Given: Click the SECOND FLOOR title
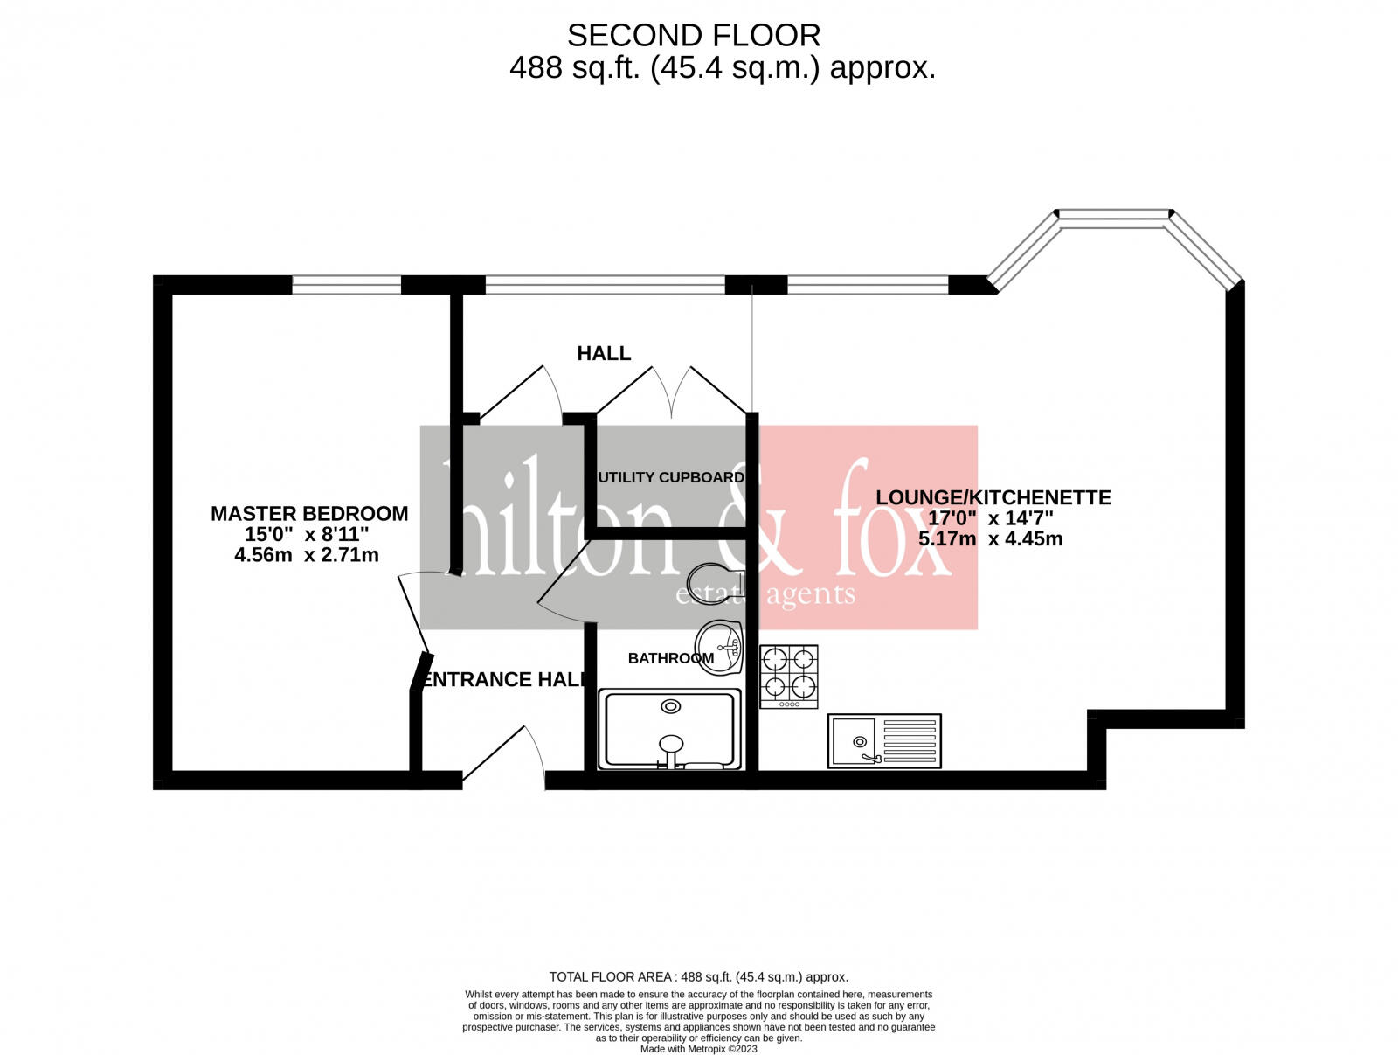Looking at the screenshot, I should coord(694,36).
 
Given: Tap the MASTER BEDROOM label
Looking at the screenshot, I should coord(309,513).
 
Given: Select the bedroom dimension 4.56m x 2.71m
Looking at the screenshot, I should coord(307,554).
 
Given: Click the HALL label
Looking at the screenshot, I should coord(603,353).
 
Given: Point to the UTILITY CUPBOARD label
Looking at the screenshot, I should coord(671,477).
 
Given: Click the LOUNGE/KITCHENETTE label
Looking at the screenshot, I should coord(993,497).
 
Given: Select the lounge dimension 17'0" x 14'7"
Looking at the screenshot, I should coord(990,517).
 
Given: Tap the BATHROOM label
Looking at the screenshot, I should coord(670,658).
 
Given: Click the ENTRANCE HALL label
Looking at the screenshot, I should coord(503,679).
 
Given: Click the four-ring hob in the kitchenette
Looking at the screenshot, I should coord(789,676).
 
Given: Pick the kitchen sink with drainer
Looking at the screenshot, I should coord(884,741).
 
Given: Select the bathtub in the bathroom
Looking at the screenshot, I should coord(669,729).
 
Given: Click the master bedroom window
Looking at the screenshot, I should coord(346,284).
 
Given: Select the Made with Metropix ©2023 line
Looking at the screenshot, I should coord(698,1049).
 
